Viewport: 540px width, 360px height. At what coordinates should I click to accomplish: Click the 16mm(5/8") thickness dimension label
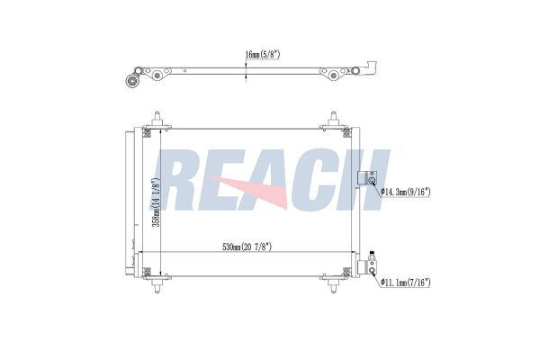coord(263,54)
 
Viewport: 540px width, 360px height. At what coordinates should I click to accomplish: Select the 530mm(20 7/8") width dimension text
coord(247,247)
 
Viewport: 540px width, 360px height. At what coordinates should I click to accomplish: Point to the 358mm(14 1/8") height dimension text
coord(156,202)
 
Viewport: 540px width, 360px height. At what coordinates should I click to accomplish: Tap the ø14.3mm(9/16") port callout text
coord(406,192)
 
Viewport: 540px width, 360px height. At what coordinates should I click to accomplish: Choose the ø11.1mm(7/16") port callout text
coord(406,283)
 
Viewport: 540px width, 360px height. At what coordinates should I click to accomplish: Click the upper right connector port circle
coord(372,181)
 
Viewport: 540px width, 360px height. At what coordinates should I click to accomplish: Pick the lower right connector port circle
coord(372,270)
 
